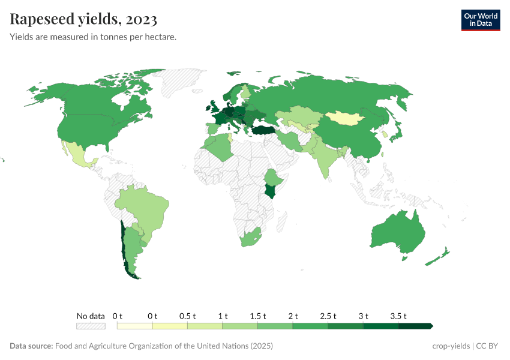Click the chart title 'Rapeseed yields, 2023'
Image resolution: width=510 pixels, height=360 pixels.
pyautogui.click(x=83, y=20)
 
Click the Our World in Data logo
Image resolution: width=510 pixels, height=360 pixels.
pyautogui.click(x=480, y=20)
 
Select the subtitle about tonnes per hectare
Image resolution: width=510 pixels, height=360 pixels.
pyautogui.click(x=93, y=37)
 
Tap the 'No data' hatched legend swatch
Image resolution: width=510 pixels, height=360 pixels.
pyautogui.click(x=91, y=326)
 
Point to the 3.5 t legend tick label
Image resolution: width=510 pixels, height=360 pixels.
pyautogui.click(x=399, y=316)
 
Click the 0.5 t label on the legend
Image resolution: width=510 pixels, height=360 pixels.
pyautogui.click(x=187, y=316)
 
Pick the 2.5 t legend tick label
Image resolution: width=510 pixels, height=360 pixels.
pyautogui.click(x=328, y=316)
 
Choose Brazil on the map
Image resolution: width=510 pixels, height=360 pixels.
pyautogui.click(x=147, y=207)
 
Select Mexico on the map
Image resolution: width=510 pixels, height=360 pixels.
pyautogui.click(x=78, y=156)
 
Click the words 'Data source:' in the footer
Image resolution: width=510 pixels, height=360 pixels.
pyautogui.click(x=31, y=346)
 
